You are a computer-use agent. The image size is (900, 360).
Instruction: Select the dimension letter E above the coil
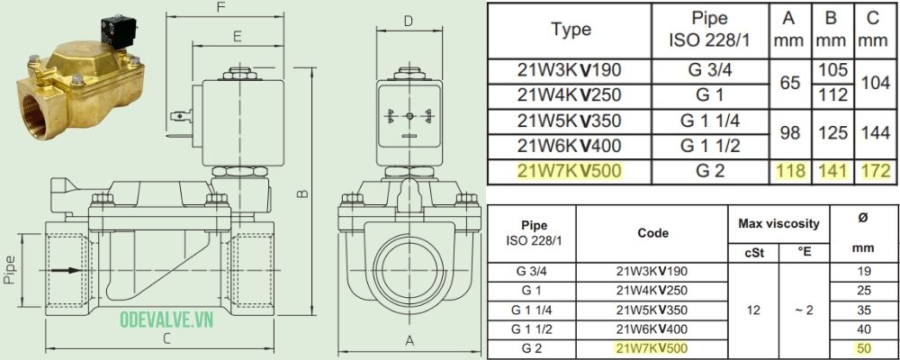(x=237, y=37)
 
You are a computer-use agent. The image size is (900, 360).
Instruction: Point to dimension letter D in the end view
(x=408, y=21)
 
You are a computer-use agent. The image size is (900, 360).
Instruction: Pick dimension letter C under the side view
(x=166, y=339)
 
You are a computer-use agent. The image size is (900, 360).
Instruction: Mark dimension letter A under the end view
(x=409, y=341)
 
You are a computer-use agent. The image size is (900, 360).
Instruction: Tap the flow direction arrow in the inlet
(x=61, y=269)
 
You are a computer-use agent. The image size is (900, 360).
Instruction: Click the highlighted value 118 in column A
(x=789, y=170)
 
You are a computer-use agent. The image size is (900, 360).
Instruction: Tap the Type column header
(x=571, y=29)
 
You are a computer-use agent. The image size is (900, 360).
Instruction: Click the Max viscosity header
(x=778, y=222)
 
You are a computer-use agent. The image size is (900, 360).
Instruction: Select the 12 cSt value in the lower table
(x=755, y=309)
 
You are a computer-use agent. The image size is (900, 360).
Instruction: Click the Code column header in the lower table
(x=651, y=232)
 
